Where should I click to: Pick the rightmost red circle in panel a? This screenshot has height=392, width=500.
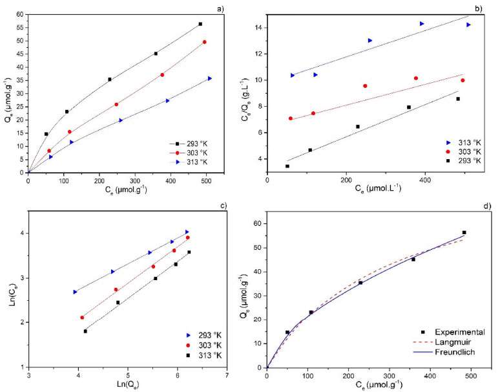click(x=205, y=42)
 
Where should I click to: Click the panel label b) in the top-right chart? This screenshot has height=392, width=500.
click(x=479, y=7)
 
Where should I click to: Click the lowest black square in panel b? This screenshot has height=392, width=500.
click(x=287, y=166)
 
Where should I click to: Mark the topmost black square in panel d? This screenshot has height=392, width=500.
click(x=464, y=232)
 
